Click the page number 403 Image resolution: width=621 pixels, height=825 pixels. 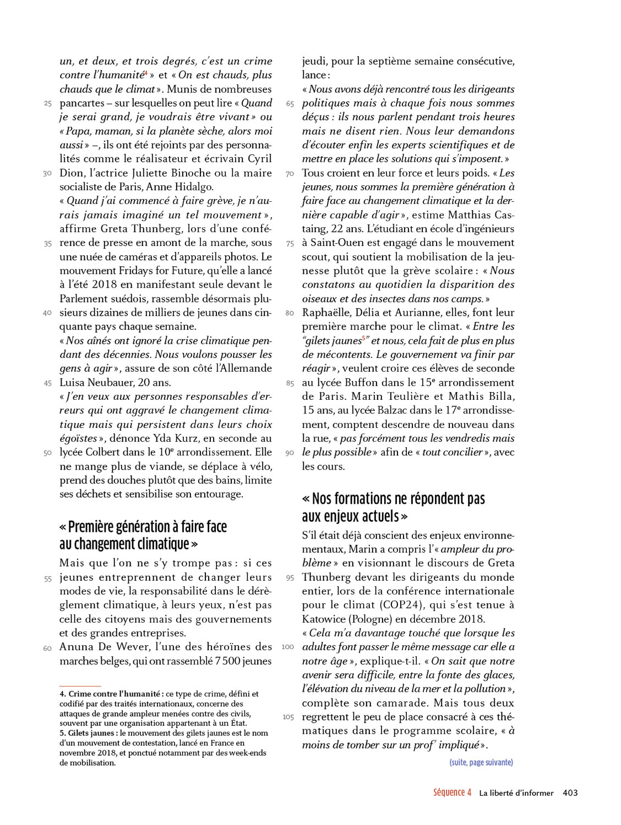(x=570, y=793)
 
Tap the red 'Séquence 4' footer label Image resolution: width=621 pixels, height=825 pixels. (x=452, y=793)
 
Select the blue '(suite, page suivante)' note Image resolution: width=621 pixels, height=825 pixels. (x=481, y=762)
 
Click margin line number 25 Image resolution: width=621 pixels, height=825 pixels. (x=48, y=103)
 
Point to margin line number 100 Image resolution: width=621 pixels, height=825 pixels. (x=287, y=647)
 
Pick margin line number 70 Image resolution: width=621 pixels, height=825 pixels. (x=290, y=174)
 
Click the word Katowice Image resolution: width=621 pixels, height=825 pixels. (x=326, y=619)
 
